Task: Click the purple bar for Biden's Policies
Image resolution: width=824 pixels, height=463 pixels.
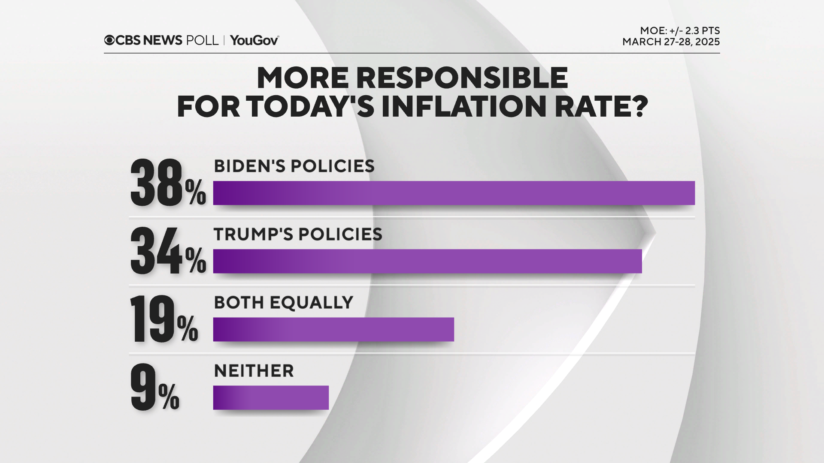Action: pyautogui.click(x=454, y=193)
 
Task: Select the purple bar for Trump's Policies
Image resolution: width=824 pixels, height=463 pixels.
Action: pyautogui.click(x=427, y=261)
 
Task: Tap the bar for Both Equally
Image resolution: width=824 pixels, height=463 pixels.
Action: pyautogui.click(x=333, y=329)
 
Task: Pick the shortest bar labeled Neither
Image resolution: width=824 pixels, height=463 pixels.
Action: pyautogui.click(x=271, y=397)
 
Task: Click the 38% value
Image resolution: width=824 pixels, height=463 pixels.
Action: pyautogui.click(x=167, y=183)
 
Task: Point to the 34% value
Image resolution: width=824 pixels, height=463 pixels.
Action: pyautogui.click(x=167, y=251)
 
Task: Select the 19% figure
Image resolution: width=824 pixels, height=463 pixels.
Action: pyautogui.click(x=164, y=319)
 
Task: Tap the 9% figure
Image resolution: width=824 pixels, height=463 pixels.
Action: pyautogui.click(x=154, y=388)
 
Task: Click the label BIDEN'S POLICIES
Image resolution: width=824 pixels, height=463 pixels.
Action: pyautogui.click(x=294, y=166)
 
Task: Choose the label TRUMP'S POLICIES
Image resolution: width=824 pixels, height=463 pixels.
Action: pyautogui.click(x=298, y=235)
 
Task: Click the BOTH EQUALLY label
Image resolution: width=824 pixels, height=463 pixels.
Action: pyautogui.click(x=283, y=303)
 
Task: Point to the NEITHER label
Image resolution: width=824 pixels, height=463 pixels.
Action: pyautogui.click(x=254, y=371)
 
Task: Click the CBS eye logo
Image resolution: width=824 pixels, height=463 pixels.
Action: pyautogui.click(x=109, y=40)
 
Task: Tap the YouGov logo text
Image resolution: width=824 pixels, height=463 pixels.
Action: pyautogui.click(x=254, y=40)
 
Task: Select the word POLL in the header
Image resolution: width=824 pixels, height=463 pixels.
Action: pyautogui.click(x=202, y=40)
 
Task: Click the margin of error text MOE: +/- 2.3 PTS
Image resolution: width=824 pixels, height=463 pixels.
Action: pyautogui.click(x=680, y=31)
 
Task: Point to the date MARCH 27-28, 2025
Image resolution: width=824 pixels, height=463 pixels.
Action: pyautogui.click(x=671, y=42)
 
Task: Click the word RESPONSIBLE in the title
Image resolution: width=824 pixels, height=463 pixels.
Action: pyautogui.click(x=462, y=78)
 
